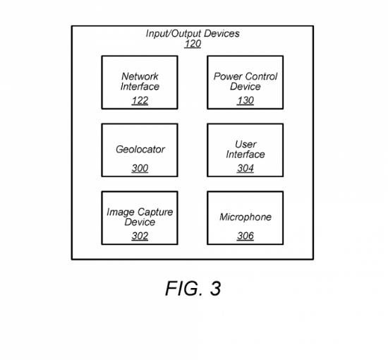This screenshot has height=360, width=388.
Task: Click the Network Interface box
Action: pyautogui.click(x=140, y=83)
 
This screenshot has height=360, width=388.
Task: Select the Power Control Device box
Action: pyautogui.click(x=245, y=83)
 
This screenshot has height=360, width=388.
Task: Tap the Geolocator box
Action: pyautogui.click(x=140, y=150)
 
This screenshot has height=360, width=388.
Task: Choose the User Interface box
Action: pyautogui.click(x=245, y=150)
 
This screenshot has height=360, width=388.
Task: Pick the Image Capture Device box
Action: pyautogui.click(x=140, y=218)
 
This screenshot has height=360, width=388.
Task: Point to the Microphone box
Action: pyautogui.click(x=245, y=218)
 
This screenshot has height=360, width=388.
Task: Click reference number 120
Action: pyautogui.click(x=193, y=44)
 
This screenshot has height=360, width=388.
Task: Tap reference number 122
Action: pyautogui.click(x=140, y=100)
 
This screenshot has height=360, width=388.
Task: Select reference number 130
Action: pyautogui.click(x=245, y=100)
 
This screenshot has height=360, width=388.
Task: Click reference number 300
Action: pyautogui.click(x=140, y=169)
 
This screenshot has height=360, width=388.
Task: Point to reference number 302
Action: pyautogui.click(x=140, y=236)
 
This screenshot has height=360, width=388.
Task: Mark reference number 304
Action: pyautogui.click(x=245, y=169)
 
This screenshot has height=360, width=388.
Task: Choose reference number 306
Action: pyautogui.click(x=245, y=236)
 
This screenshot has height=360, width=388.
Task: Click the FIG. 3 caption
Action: pyautogui.click(x=193, y=289)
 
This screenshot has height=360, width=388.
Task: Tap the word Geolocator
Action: pyautogui.click(x=140, y=150)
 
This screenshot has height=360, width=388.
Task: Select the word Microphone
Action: pyautogui.click(x=245, y=217)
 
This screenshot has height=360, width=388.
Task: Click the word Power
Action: pyautogui.click(x=224, y=76)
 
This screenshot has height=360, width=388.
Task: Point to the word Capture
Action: pyautogui.click(x=155, y=212)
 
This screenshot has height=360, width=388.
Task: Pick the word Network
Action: pyautogui.click(x=140, y=76)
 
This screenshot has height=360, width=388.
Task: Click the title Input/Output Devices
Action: pyautogui.click(x=193, y=34)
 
